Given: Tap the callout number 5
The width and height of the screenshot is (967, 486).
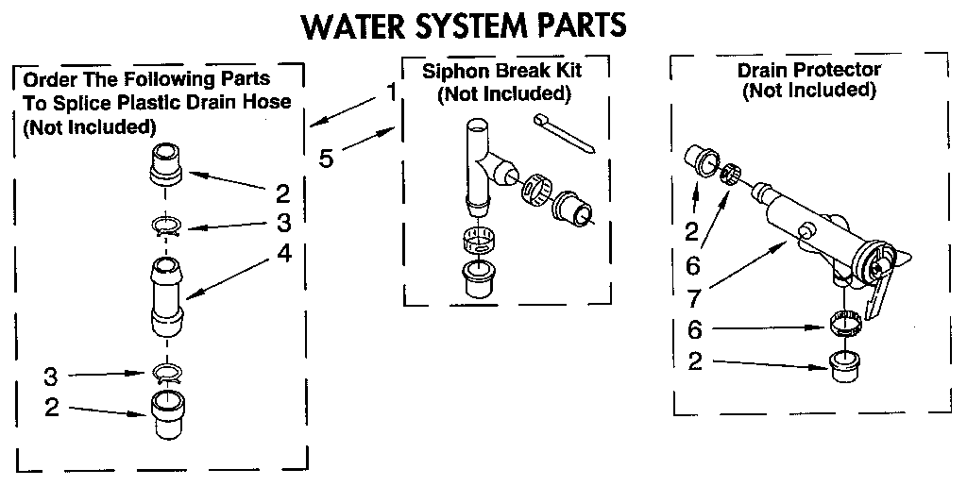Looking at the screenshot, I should [326, 158].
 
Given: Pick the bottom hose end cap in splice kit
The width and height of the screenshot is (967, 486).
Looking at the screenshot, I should [166, 416].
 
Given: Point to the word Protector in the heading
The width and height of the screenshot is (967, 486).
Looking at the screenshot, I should [840, 70].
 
